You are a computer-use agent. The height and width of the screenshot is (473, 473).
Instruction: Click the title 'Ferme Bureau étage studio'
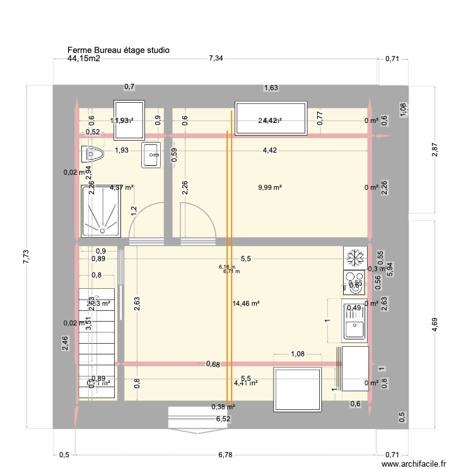click(x=118, y=50)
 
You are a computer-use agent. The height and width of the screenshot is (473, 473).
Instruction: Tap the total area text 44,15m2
click(x=84, y=59)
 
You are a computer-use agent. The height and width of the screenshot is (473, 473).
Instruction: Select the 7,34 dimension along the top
click(x=217, y=59)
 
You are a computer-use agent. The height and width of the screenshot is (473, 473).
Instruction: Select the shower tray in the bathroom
click(x=100, y=211)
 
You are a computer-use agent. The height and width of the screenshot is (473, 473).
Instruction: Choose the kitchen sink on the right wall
click(x=355, y=321)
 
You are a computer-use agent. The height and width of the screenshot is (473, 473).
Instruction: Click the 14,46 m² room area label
click(x=247, y=303)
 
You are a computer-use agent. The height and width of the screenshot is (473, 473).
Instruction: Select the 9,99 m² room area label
click(x=269, y=187)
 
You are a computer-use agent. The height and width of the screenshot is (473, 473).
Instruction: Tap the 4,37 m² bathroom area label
click(x=122, y=187)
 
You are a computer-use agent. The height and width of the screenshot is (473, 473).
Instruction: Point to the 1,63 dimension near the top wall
click(x=271, y=88)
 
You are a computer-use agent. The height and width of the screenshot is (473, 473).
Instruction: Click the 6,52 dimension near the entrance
click(x=223, y=418)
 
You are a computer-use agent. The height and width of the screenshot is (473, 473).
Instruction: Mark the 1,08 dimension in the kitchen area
click(x=297, y=354)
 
